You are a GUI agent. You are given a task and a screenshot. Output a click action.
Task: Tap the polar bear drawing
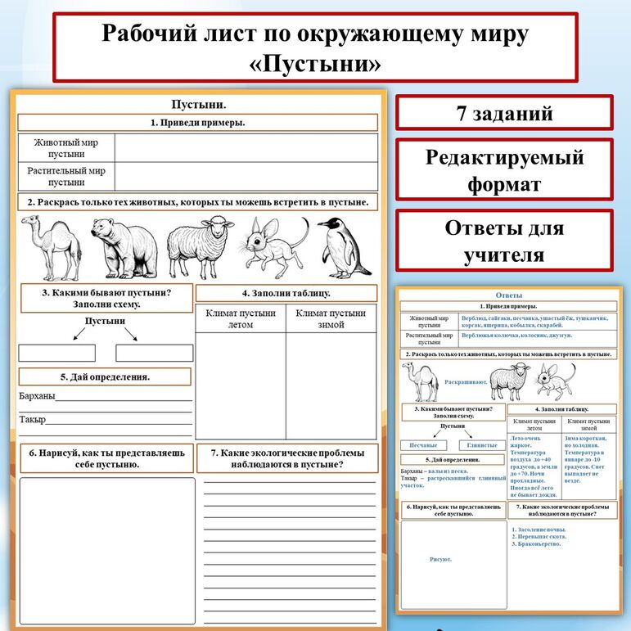(123, 247)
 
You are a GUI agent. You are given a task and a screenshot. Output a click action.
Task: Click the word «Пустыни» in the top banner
(315, 64)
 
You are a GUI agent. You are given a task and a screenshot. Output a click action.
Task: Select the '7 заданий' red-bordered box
(504, 113)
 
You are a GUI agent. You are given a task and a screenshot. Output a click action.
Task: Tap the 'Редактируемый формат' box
(504, 170)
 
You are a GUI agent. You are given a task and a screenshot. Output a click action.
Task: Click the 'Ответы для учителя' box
(504, 241)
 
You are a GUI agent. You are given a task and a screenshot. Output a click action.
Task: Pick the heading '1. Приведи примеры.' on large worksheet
(198, 123)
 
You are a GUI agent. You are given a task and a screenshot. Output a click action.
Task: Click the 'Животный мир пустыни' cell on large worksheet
(66, 147)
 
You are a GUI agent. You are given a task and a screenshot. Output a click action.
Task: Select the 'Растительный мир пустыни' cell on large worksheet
(66, 177)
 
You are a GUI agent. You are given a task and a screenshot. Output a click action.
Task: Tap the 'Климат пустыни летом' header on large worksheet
(241, 318)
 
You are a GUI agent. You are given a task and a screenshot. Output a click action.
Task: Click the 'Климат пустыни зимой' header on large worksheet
(331, 318)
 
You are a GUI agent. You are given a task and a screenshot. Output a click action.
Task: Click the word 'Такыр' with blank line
(33, 420)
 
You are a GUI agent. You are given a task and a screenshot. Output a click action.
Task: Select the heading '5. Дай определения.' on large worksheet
(104, 377)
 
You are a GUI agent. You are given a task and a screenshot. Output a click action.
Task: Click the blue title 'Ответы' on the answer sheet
(510, 295)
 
